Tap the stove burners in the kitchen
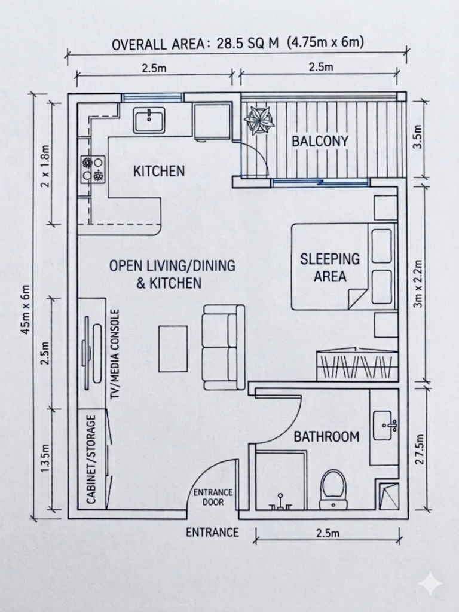[x=93, y=169]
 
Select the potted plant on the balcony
[x=259, y=120]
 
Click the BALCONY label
[x=320, y=142]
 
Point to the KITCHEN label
[x=158, y=172]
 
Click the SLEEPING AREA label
[x=330, y=267]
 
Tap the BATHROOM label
[x=326, y=436]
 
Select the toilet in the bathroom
[x=333, y=488]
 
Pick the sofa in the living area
[x=223, y=347]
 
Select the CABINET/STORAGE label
[x=92, y=459]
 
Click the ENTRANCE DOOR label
[x=212, y=497]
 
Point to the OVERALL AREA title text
[x=238, y=44]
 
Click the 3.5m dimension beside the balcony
[x=418, y=137]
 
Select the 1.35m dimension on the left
[x=44, y=458]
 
